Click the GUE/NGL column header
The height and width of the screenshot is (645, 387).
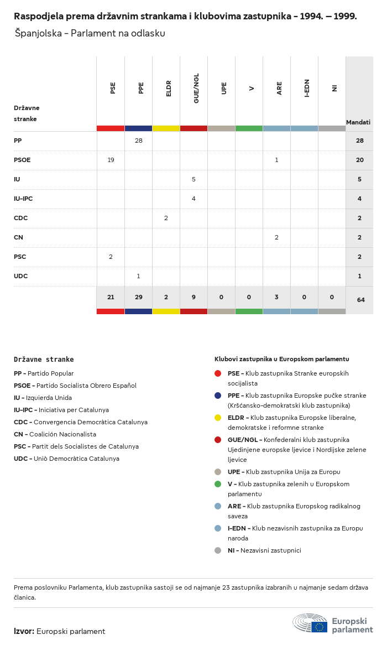coord(196,88)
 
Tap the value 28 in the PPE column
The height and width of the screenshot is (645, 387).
coord(138,141)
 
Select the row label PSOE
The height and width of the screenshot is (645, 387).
coord(22,160)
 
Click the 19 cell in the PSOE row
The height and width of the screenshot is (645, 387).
coord(111,160)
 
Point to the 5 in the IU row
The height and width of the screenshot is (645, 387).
coord(193,179)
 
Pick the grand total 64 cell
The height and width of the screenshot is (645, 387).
coord(360,300)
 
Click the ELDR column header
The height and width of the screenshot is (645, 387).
coord(169,88)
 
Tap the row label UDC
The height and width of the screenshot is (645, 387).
coord(20,276)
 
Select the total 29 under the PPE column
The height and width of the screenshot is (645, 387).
coord(138,297)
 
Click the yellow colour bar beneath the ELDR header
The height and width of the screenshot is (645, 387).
coord(166,128)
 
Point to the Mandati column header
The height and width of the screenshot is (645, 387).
coord(358,122)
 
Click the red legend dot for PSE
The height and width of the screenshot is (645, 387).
coord(218,373)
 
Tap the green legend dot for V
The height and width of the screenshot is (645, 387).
coord(218,484)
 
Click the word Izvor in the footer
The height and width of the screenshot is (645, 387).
coord(24,631)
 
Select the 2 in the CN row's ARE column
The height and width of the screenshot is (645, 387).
coord(276,237)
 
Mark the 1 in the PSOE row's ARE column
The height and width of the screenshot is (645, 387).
coord(276,160)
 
